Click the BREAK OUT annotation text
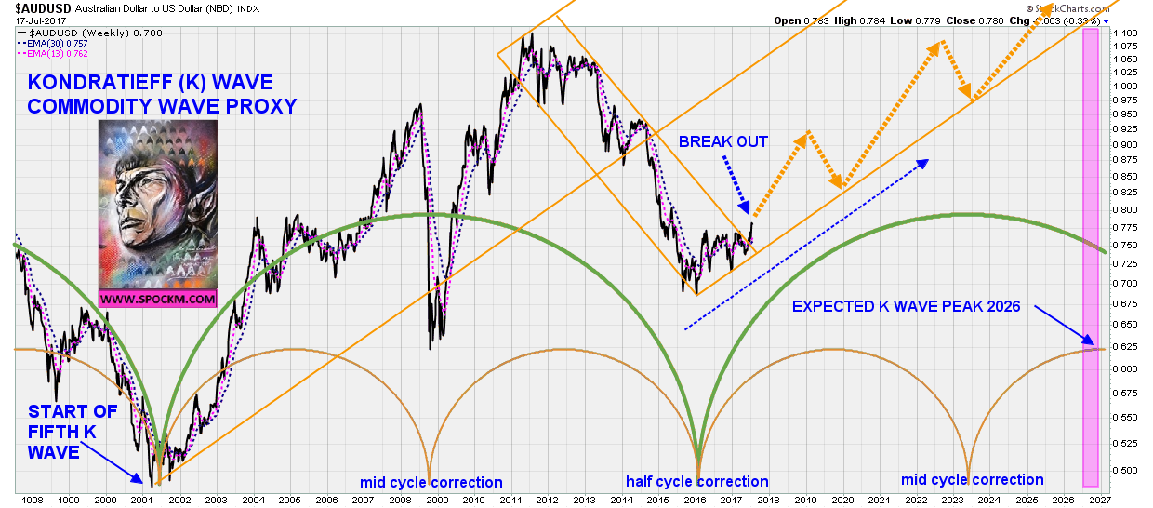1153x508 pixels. tap(723, 141)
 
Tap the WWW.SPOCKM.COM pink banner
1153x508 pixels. tap(157, 301)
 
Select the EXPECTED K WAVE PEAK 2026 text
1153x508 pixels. tap(906, 306)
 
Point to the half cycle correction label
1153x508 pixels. tap(696, 482)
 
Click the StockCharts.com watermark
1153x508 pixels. tap(1067, 8)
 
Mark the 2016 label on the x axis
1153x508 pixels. tap(693, 501)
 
